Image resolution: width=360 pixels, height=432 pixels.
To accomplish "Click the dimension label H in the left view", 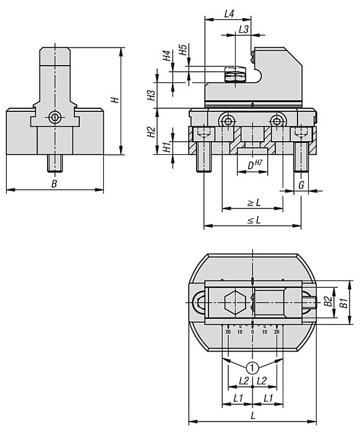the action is tap(115, 100).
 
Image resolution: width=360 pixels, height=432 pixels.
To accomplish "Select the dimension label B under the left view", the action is tap(54, 184).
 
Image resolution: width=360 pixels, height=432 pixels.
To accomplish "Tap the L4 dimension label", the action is tap(229, 14).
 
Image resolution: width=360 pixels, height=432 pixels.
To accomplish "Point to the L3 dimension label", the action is tap(244, 29).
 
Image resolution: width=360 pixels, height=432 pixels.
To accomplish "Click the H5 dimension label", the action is tap(183, 50).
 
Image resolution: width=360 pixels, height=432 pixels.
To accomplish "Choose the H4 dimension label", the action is tap(166, 56).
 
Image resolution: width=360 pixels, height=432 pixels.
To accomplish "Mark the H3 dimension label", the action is tap(151, 95).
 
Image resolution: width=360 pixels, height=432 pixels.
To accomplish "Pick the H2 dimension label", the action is tap(151, 132).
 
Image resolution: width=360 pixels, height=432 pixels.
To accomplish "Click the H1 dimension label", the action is tap(166, 147).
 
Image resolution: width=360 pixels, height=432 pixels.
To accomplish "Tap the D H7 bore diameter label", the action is tap(254, 165).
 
